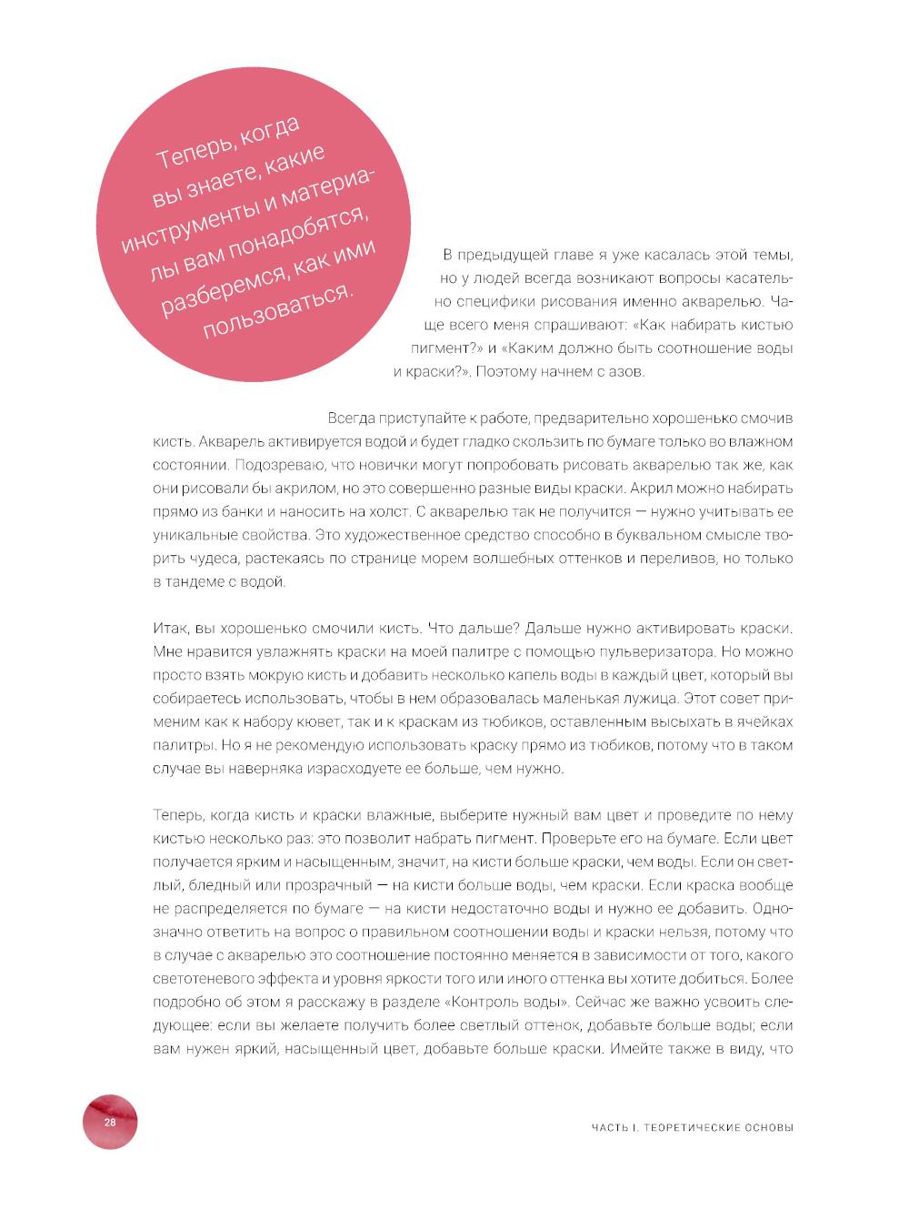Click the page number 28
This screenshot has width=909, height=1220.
click(109, 1122)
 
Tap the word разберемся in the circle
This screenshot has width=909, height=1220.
click(216, 289)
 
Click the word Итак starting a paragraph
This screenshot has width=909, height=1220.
click(169, 629)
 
